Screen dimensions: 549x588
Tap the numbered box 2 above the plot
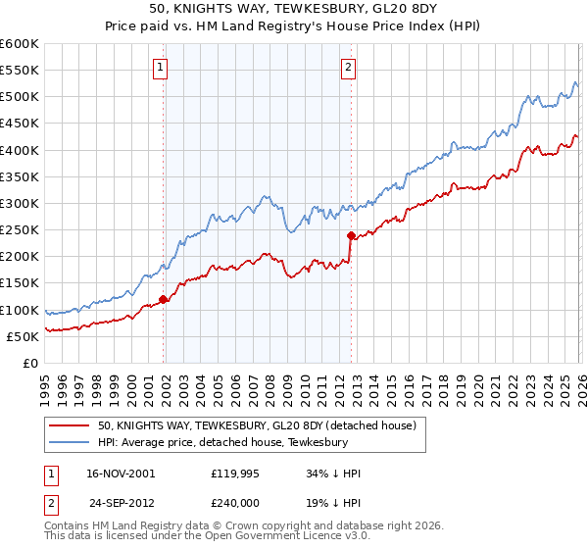pos(348,68)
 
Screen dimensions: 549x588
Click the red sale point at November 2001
pos(163,299)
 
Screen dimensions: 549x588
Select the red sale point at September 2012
pos(350,235)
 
